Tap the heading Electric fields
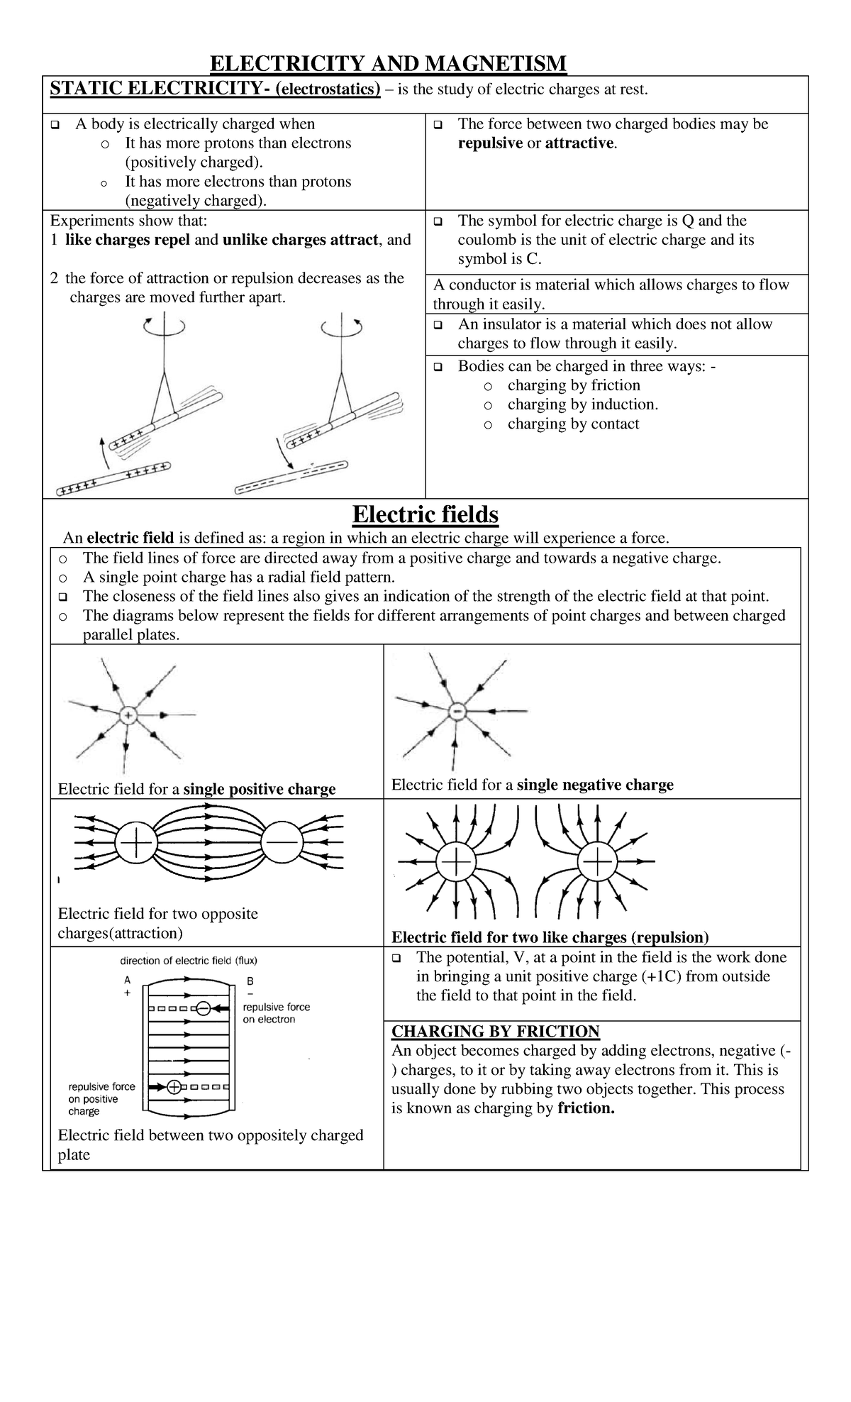[x=425, y=514]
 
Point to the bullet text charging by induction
[x=582, y=404]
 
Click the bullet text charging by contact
[x=573, y=424]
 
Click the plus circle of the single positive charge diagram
[x=128, y=715]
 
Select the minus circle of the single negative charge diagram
[x=458, y=711]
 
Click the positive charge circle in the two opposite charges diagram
[x=135, y=844]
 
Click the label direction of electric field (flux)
[x=188, y=961]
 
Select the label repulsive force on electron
[x=276, y=1013]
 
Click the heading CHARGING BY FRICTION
[x=495, y=1032]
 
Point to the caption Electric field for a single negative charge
[x=532, y=785]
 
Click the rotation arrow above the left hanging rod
[x=164, y=327]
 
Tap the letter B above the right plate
[x=250, y=981]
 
